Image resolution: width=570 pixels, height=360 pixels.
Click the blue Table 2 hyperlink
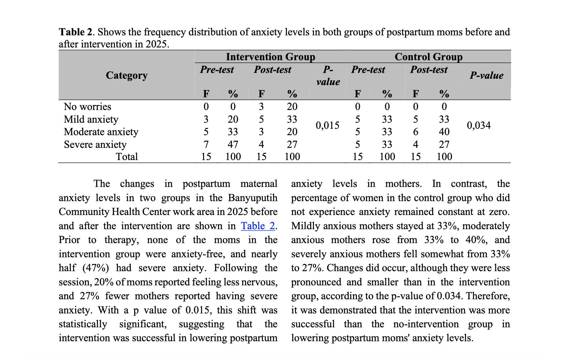coord(258,226)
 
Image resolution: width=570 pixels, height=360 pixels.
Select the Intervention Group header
coord(271,57)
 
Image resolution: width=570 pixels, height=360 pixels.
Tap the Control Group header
coord(429,57)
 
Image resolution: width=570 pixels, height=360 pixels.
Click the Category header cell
coord(127,75)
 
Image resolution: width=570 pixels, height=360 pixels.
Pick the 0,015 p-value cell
coord(328,125)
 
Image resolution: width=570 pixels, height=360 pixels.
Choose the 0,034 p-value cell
coord(479,125)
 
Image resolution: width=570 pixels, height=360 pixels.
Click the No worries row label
coord(87,106)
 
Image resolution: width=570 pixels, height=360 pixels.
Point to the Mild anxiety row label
coord(91,119)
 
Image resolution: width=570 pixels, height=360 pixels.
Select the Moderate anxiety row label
coord(101,132)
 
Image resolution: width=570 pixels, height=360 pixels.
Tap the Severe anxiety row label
coord(95,144)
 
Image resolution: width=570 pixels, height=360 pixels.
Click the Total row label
coord(127,157)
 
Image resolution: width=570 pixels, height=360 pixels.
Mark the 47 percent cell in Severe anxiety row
coord(233,144)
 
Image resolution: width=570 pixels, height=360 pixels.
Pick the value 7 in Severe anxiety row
coord(206,144)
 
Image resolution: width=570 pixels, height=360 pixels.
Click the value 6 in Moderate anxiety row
coord(415,132)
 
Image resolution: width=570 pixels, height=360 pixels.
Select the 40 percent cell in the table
coord(444,132)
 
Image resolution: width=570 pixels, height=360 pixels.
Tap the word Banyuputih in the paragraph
coord(253,198)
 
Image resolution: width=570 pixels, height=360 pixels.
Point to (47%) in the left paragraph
coord(96,268)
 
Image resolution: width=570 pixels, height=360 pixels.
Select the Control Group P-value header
coord(486,76)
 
